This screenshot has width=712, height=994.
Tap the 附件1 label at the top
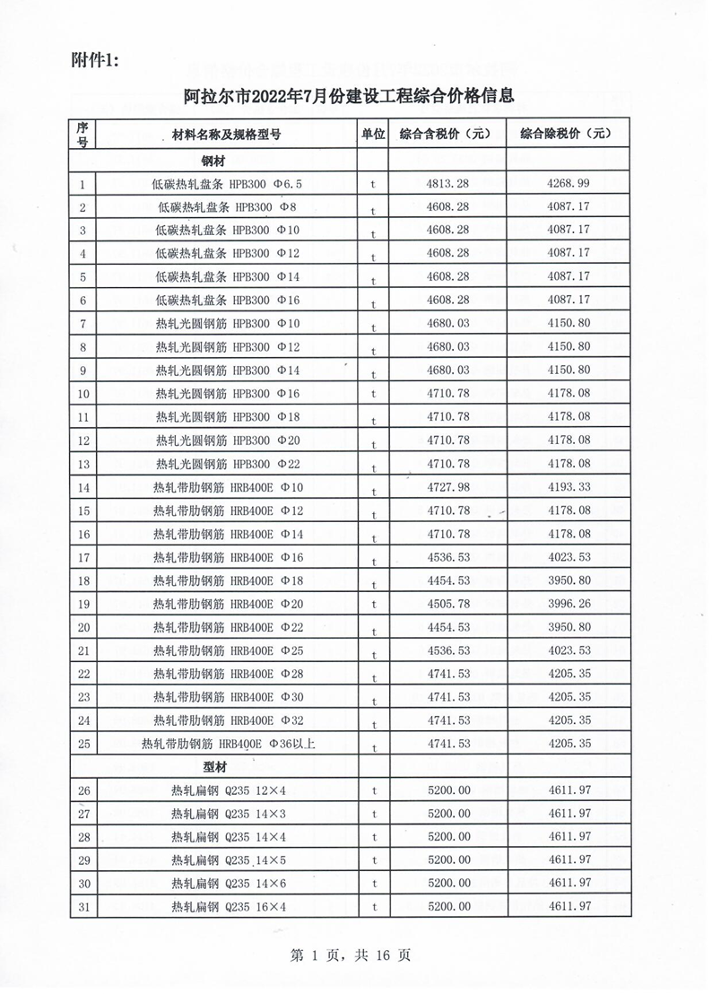point(94,60)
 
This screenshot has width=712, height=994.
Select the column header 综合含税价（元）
point(446,134)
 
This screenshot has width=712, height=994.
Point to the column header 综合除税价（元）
point(567,134)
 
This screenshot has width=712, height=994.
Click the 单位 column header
point(373,134)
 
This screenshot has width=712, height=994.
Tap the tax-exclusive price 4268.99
point(568,185)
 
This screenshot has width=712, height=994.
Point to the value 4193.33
point(568,487)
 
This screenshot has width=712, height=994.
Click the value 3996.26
point(568,604)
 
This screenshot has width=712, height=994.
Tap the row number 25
point(83,744)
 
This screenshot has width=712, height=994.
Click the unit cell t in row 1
point(373,185)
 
